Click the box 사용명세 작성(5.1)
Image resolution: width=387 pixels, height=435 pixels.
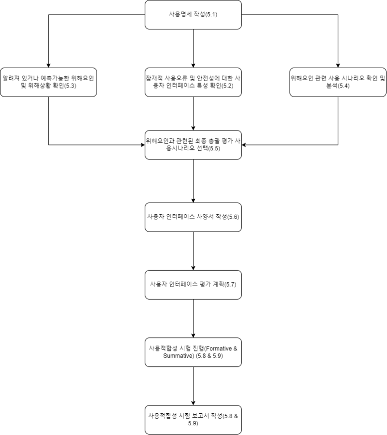193,14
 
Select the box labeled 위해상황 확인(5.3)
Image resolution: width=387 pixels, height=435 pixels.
48,82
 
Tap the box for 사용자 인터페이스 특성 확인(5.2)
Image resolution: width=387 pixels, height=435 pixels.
193,82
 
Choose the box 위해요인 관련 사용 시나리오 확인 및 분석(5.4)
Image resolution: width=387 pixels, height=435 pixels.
338,82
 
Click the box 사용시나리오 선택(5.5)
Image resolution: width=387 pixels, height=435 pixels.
193,145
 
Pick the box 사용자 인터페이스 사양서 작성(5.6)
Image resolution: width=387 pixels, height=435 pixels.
193,217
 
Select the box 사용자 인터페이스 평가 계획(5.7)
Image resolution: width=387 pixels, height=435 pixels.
193,284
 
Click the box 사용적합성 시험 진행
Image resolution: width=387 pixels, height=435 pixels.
193,351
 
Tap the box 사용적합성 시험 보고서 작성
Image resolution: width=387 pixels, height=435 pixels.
193,419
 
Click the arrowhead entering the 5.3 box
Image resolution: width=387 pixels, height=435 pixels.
48,64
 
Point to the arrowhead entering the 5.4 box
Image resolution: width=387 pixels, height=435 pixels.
338,64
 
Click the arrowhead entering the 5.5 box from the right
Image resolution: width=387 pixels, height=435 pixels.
245,145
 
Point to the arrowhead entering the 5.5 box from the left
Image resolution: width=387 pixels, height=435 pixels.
142,145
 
